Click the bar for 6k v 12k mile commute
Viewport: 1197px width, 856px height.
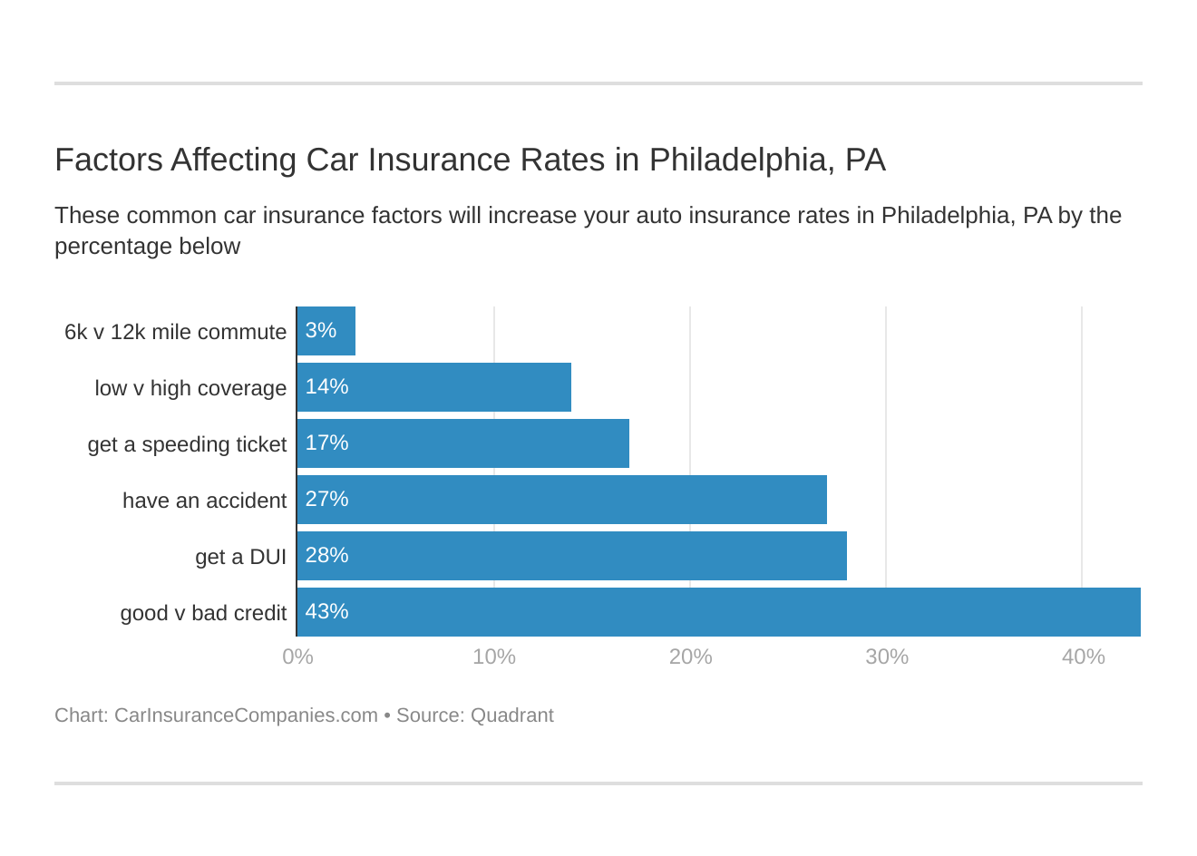326,331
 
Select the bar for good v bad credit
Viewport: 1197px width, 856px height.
718,612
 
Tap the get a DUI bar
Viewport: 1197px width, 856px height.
571,556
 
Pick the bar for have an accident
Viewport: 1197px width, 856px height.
561,500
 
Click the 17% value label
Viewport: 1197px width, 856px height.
326,443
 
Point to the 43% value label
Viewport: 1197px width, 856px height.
326,611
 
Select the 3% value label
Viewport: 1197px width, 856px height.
321,330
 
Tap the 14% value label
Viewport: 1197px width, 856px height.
326,386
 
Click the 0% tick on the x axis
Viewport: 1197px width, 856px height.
297,657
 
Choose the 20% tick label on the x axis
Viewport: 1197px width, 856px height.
690,657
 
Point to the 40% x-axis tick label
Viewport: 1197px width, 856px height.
1083,657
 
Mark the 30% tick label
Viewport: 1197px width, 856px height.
886,657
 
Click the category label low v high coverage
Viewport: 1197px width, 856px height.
190,388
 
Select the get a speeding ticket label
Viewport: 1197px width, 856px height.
187,444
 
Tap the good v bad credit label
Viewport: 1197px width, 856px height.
203,613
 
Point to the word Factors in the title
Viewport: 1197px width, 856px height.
108,160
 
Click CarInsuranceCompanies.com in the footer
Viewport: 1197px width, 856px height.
246,715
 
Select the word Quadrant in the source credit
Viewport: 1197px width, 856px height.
511,715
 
